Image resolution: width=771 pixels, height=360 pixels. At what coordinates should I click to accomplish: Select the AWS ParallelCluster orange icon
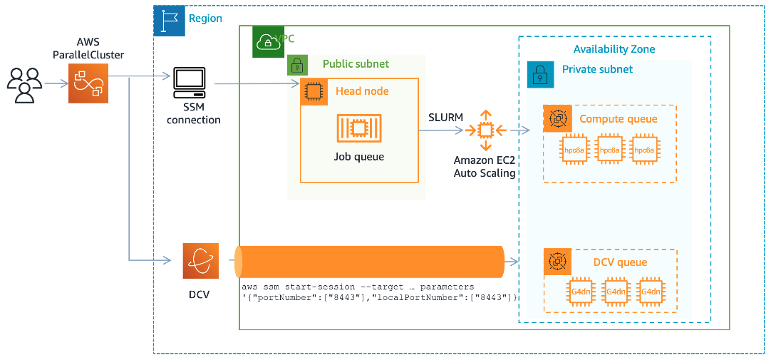tap(89, 83)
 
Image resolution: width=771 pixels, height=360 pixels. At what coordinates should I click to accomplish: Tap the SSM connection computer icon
tap(189, 84)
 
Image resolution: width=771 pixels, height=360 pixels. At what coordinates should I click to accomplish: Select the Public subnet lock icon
tap(297, 65)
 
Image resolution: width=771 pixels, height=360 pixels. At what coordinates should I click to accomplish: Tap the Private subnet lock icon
tap(540, 73)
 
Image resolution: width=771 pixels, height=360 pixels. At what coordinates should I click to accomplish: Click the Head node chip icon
tap(314, 92)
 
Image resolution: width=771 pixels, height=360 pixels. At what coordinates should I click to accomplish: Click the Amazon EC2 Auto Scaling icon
tap(485, 130)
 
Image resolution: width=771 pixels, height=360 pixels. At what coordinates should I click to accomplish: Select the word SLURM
tap(445, 117)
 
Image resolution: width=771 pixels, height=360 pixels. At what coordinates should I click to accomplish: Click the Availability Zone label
tap(614, 49)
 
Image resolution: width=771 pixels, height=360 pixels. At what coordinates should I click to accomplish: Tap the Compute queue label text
tap(618, 119)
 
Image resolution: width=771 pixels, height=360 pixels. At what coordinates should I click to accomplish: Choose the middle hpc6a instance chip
tap(610, 150)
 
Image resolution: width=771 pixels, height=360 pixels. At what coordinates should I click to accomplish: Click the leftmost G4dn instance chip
tap(577, 292)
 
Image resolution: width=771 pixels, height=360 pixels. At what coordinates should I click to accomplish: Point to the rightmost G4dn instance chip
tap(650, 292)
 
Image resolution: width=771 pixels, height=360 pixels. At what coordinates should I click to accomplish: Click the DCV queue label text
tap(620, 262)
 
